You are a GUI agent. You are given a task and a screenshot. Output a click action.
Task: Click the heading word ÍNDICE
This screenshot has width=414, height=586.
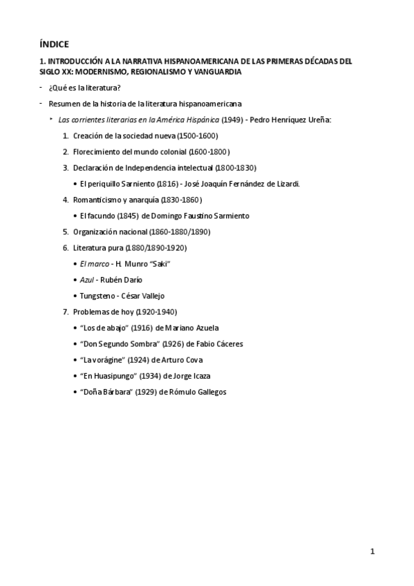(55, 44)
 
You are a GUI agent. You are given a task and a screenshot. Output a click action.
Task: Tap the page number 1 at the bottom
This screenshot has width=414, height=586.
(373, 551)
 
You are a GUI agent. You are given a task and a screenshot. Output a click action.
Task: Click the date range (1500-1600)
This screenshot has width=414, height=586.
(197, 135)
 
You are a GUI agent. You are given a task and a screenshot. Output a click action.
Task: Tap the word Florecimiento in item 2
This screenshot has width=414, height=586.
(97, 151)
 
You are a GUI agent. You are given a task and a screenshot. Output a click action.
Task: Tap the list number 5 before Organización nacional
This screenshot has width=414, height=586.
(66, 231)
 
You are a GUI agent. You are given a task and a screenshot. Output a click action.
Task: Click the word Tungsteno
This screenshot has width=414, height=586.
(98, 296)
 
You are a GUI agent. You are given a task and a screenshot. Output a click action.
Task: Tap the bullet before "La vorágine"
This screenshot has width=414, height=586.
(75, 360)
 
